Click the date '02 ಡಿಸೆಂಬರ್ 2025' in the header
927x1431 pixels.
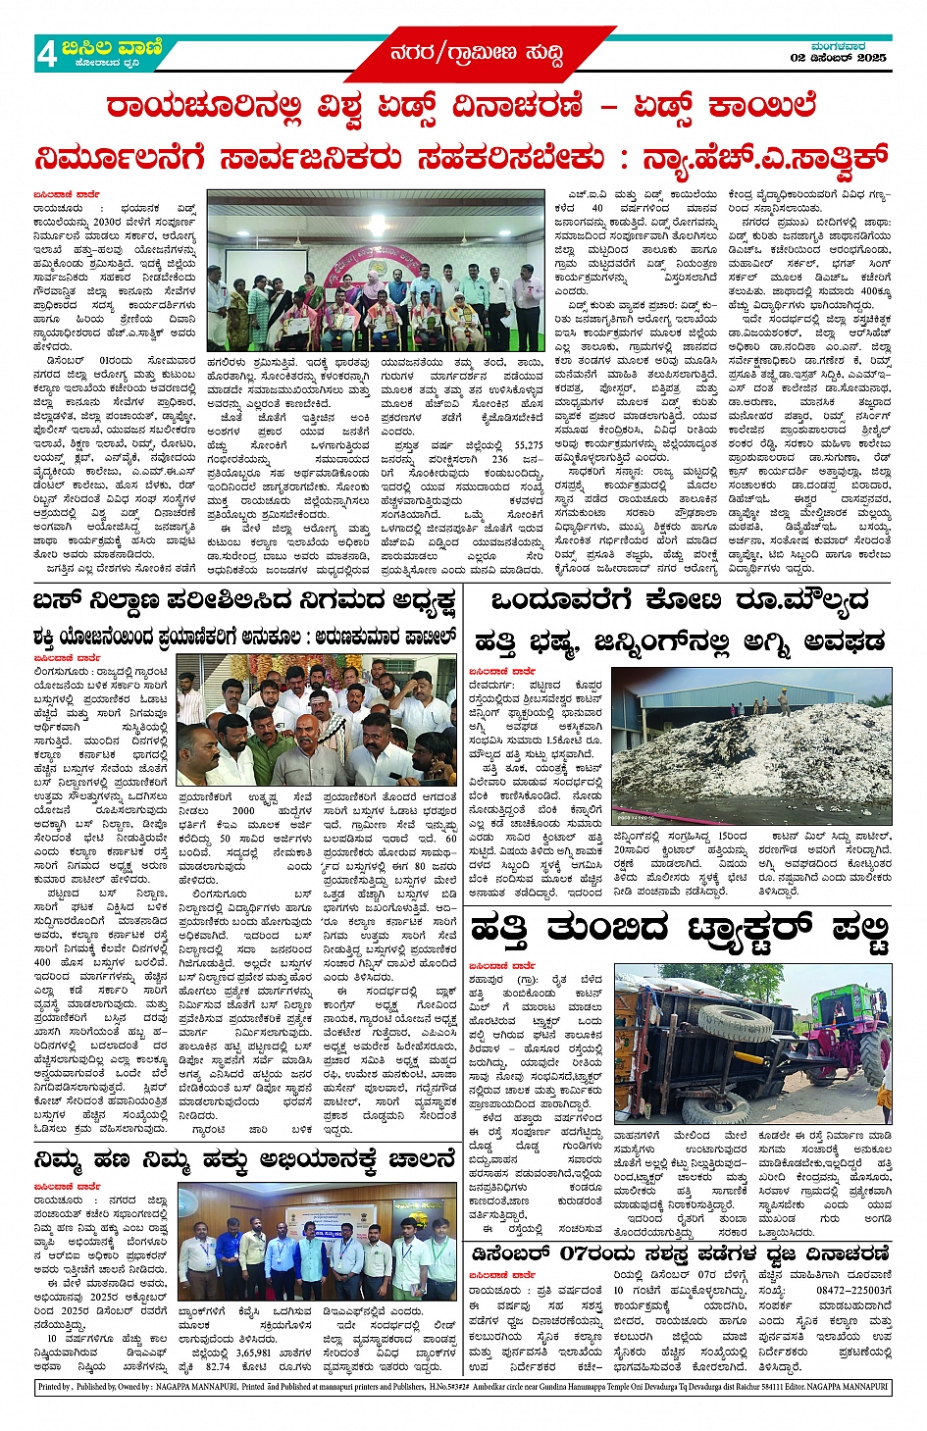click(838, 58)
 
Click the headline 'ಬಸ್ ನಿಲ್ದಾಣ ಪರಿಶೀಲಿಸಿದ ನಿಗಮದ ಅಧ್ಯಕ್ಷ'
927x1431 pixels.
click(244, 599)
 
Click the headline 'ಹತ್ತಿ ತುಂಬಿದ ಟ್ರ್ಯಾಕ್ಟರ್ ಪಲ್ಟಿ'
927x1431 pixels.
click(680, 927)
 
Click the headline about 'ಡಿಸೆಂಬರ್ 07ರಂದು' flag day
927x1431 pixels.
click(680, 1253)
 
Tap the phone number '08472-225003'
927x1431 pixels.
click(853, 1291)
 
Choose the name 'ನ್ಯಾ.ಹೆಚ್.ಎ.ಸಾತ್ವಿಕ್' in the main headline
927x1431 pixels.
click(764, 157)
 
